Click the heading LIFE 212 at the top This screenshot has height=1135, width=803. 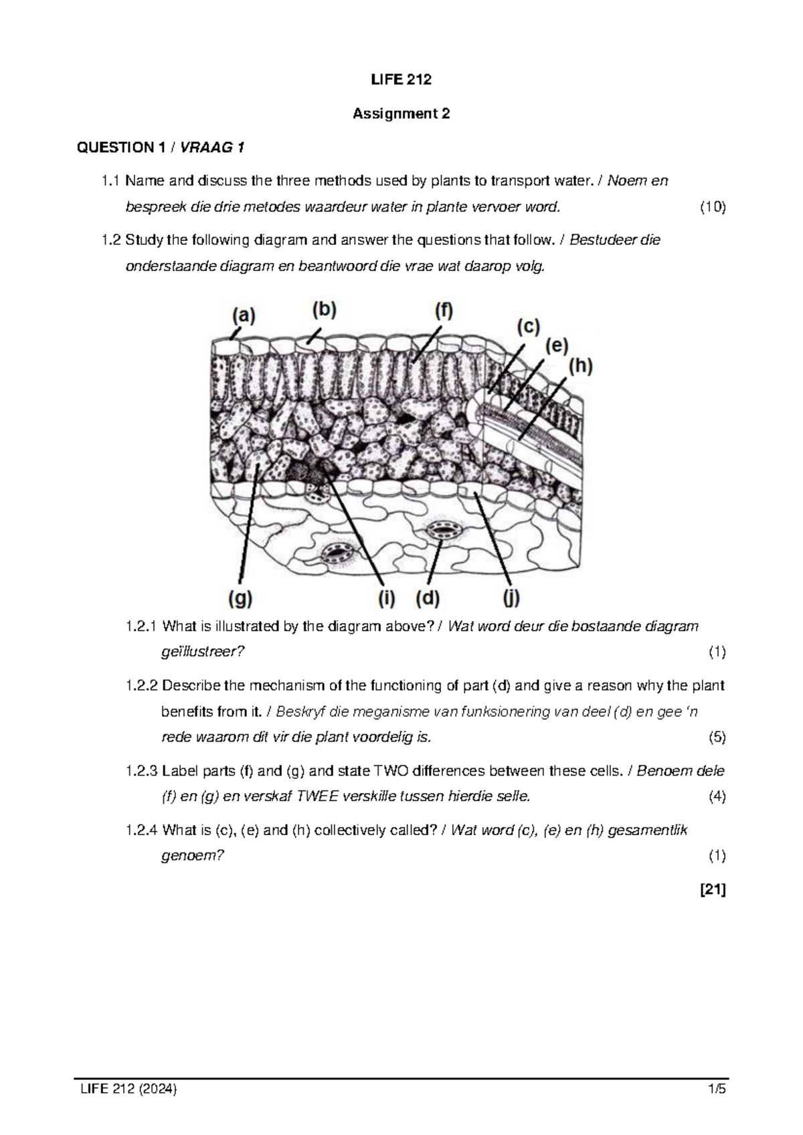click(401, 80)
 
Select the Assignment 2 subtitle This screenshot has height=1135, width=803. click(401, 114)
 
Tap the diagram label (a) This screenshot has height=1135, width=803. click(244, 315)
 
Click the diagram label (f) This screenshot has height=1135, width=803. click(444, 312)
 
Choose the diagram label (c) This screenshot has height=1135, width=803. click(527, 327)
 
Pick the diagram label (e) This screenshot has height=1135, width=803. click(557, 347)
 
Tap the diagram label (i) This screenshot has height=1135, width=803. click(386, 598)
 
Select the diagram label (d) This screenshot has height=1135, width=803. click(427, 598)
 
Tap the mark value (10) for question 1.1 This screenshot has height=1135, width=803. click(712, 207)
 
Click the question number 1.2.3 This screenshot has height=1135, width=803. click(142, 771)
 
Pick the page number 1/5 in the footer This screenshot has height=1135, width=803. click(717, 1089)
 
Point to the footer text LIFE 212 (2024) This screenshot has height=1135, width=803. click(128, 1089)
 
